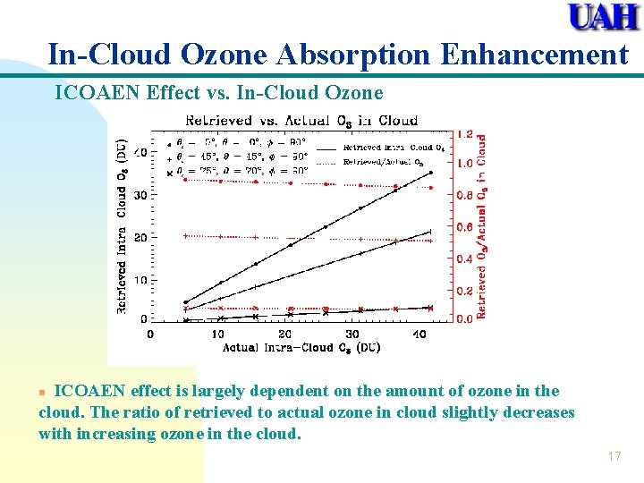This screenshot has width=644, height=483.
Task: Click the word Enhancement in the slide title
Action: [x=534, y=55]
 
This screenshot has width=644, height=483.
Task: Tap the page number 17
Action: [x=614, y=456]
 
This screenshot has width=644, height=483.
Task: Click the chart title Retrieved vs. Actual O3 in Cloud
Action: [x=301, y=120]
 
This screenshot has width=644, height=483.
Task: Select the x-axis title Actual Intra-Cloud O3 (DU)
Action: [x=301, y=347]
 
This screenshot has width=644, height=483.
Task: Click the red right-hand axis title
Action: [x=481, y=227]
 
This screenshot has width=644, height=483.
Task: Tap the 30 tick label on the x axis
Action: [x=352, y=334]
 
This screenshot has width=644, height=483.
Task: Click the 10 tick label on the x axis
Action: [x=217, y=334]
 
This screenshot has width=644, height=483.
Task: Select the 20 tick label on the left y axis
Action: [x=140, y=238]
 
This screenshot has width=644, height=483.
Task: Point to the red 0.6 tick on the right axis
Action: [x=466, y=227]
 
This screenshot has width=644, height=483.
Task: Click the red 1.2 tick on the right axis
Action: [x=466, y=134]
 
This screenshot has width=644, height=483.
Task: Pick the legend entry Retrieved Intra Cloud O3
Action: [x=388, y=148]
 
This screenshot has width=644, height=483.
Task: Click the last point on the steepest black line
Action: [x=430, y=173]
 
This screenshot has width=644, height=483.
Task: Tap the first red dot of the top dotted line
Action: [x=185, y=179]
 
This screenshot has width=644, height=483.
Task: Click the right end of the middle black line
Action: [x=430, y=232]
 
